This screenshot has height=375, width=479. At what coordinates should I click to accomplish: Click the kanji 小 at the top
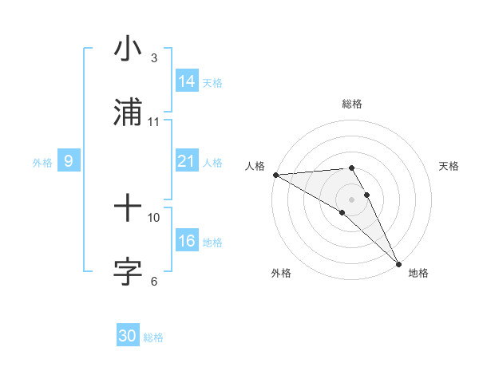(128, 49)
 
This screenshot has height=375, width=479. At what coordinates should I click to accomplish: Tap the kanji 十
(128, 210)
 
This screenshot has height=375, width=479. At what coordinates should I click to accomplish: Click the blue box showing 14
(187, 81)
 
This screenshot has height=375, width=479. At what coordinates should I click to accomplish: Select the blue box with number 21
(187, 161)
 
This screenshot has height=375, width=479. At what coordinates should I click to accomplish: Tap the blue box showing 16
(187, 242)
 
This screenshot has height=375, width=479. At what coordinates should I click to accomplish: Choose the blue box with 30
(128, 336)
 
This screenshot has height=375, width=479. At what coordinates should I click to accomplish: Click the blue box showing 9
(69, 162)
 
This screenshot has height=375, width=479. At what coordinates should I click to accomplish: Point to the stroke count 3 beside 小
(154, 58)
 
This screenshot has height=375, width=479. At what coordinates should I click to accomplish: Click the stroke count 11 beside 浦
(154, 122)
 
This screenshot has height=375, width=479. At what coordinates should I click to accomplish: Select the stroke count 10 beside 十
(154, 217)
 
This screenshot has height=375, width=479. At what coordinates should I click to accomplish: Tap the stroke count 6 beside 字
(154, 281)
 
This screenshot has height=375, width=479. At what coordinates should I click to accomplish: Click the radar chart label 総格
(352, 104)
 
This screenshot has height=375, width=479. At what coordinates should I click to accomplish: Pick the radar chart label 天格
(449, 166)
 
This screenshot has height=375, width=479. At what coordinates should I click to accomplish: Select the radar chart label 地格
(418, 273)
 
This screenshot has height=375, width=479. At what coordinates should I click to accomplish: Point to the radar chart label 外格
(281, 273)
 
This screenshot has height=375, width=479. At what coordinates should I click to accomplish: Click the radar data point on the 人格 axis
(275, 175)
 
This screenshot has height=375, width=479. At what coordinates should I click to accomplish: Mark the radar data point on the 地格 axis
(398, 263)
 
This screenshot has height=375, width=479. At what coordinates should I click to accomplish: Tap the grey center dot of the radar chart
(352, 199)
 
